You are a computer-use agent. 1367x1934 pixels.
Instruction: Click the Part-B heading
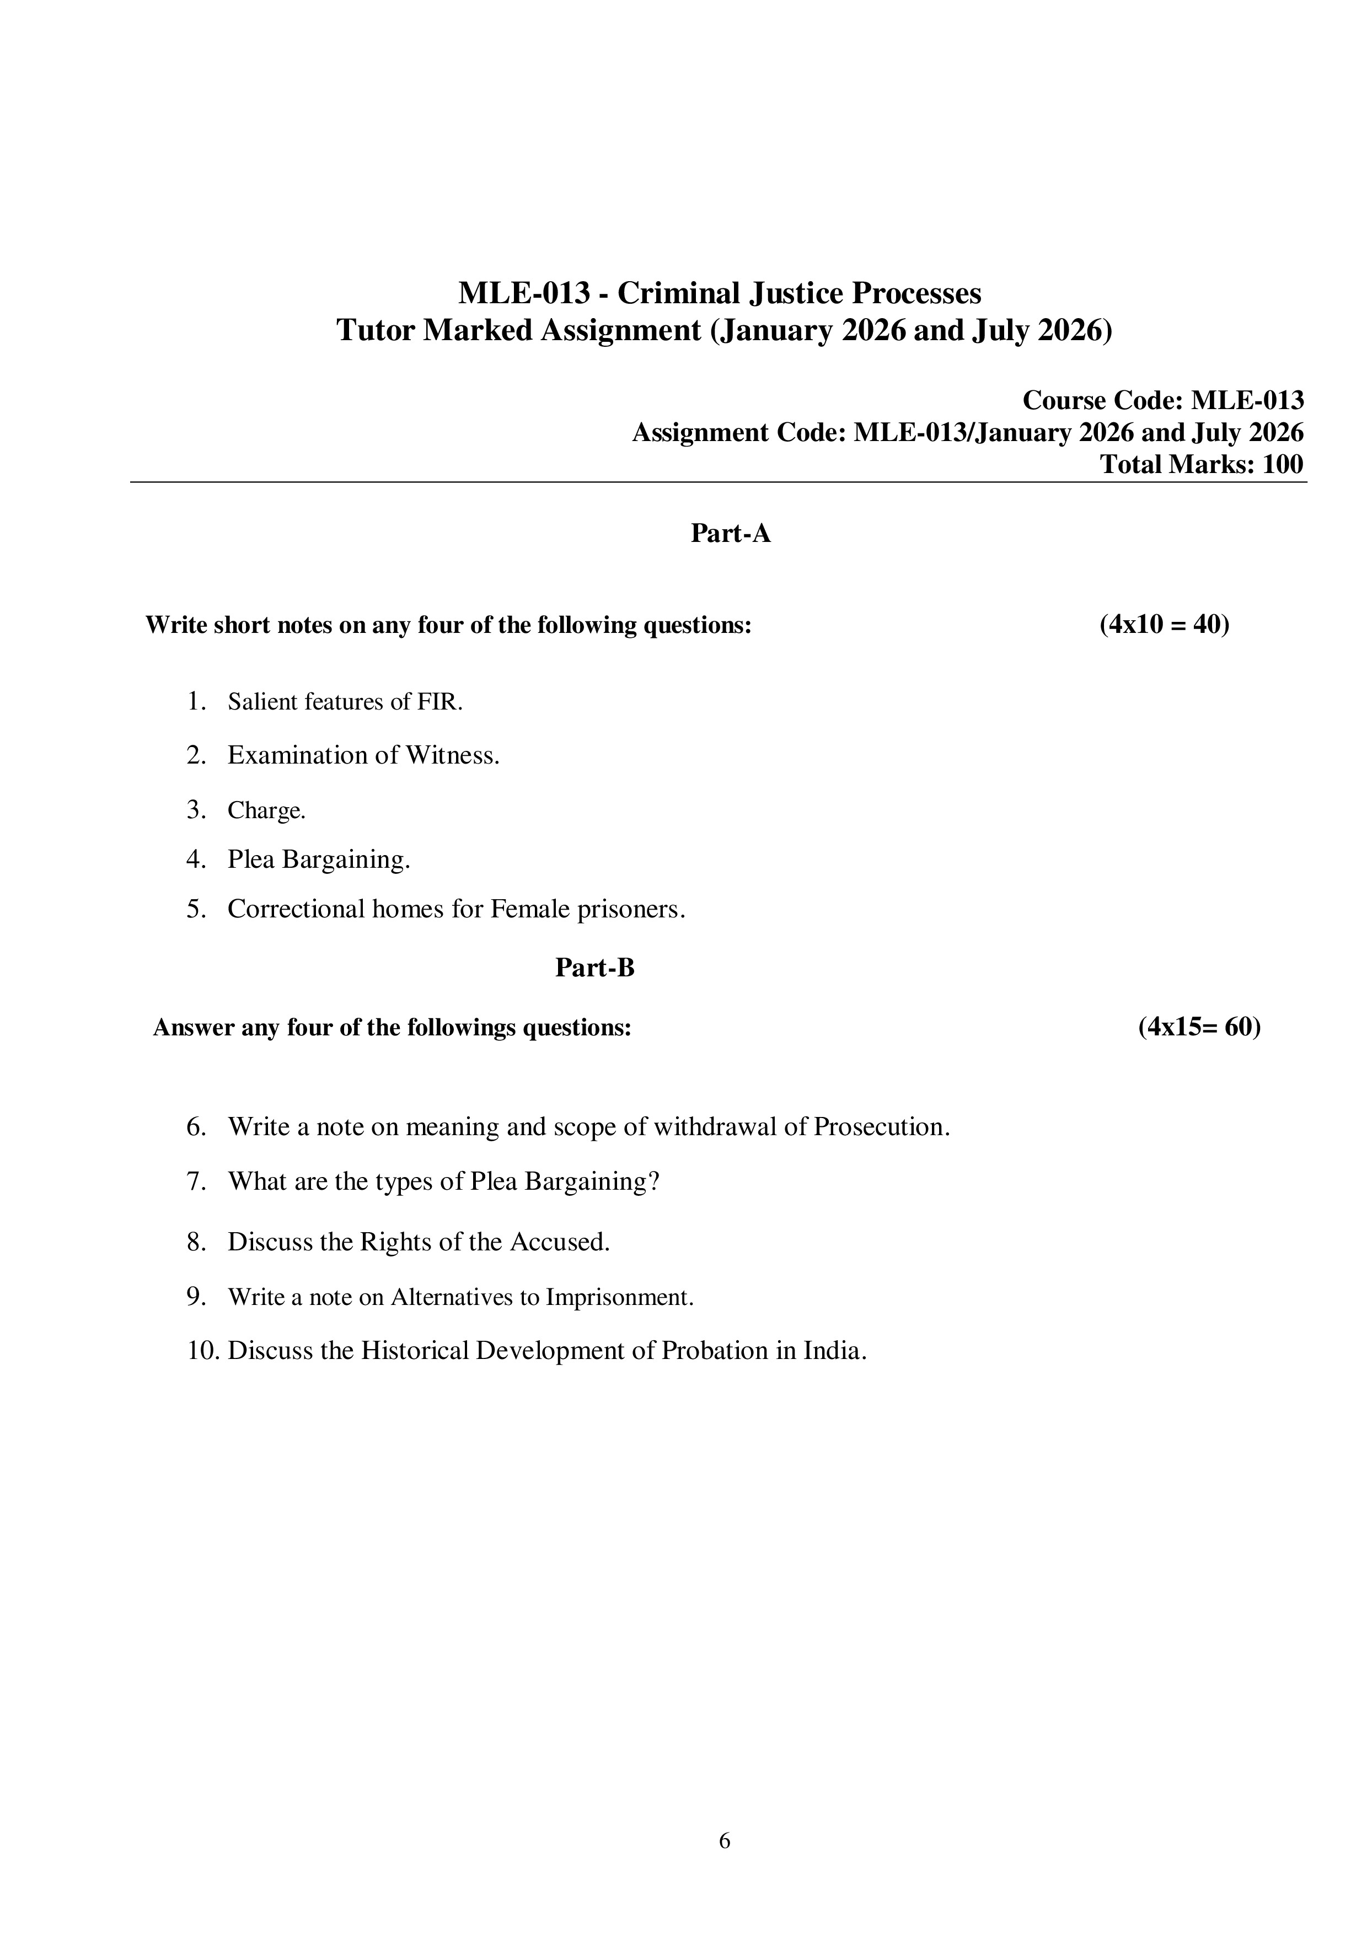(594, 968)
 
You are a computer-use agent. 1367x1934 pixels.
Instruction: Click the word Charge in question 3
(265, 810)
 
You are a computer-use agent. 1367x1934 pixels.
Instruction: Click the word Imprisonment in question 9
(619, 1297)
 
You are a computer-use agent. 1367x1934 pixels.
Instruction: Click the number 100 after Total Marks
(1282, 464)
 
